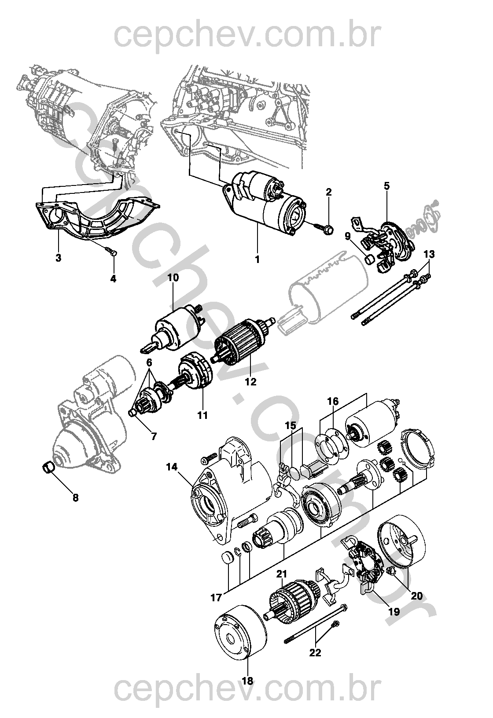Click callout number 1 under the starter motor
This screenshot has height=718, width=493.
click(x=258, y=259)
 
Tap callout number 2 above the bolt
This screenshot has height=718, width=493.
click(x=329, y=192)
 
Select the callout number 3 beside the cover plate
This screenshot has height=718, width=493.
click(x=59, y=258)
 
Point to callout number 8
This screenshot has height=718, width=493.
click(x=75, y=498)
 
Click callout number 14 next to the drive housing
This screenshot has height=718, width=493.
click(x=172, y=467)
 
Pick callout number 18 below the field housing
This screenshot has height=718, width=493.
click(x=247, y=681)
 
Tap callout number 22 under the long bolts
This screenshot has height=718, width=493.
click(x=315, y=652)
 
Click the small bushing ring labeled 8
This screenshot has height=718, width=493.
click(x=48, y=466)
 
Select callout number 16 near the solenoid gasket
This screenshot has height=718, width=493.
click(x=333, y=401)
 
